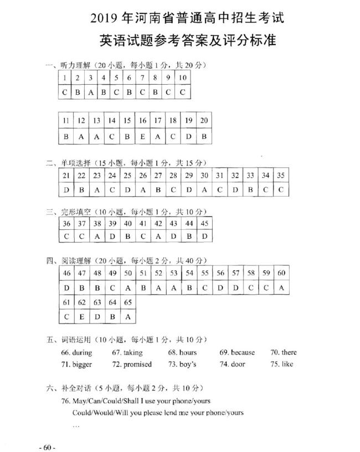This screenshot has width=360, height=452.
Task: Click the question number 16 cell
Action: pos(143,120)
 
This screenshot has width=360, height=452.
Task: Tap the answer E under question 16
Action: pos(143,136)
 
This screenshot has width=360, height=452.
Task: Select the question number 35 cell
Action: pos(281,175)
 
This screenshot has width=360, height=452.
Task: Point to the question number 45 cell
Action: pos(205,223)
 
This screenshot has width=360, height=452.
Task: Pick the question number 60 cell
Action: pos(281,273)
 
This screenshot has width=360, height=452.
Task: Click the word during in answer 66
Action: pos(82,352)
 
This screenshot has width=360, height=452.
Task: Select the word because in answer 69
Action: pos(243,352)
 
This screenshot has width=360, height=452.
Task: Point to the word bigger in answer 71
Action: pos(82,364)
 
